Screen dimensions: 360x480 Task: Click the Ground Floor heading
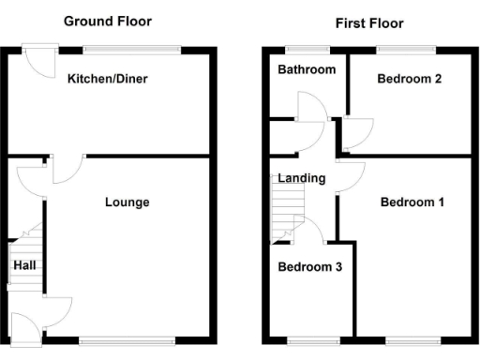(107, 21)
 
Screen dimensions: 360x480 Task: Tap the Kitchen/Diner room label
(107, 79)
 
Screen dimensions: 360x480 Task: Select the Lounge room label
(127, 202)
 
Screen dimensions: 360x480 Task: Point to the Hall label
(25, 266)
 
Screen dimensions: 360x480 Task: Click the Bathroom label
(306, 70)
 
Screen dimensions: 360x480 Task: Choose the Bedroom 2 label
(410, 79)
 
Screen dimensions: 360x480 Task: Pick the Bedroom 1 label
(412, 202)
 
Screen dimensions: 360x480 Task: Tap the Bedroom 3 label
(309, 267)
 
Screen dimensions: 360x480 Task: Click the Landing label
(302, 178)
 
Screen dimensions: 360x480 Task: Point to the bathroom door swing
(310, 107)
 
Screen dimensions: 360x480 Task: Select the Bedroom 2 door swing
(357, 134)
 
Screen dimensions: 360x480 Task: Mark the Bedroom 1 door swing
(349, 173)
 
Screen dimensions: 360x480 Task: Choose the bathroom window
(301, 48)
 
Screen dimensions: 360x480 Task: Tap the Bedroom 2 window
(405, 48)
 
